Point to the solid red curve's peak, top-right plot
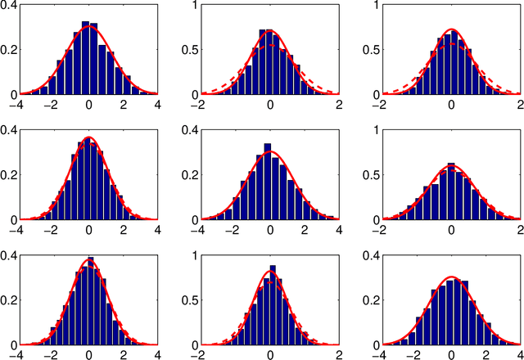pos(451,30)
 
